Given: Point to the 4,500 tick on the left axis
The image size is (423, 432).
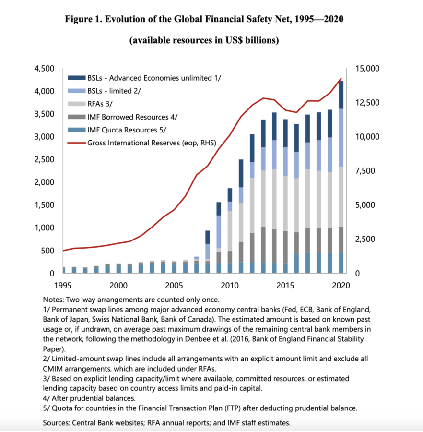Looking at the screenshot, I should (44, 69).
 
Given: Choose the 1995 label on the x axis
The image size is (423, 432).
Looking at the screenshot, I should (63, 285).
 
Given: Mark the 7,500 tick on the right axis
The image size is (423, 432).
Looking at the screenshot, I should (364, 171).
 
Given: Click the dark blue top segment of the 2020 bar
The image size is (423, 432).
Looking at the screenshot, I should (341, 95).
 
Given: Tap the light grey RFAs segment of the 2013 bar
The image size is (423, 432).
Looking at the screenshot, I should (263, 199).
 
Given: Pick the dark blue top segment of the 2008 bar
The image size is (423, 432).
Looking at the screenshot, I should (208, 237).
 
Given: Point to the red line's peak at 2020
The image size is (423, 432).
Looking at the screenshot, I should (341, 79).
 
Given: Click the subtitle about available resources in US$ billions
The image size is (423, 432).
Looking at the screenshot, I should (204, 41).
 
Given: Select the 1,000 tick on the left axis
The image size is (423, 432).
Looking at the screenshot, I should (44, 228).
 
